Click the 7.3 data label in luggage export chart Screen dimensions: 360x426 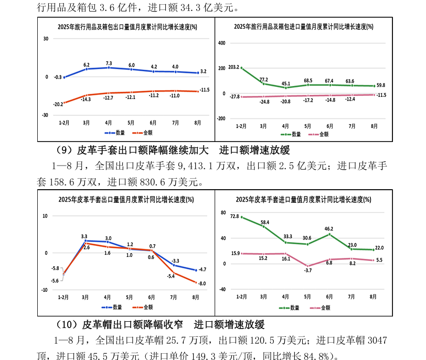tap(109, 63)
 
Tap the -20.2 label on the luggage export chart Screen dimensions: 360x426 tap(58, 104)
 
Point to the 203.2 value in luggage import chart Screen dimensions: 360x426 tap(234, 68)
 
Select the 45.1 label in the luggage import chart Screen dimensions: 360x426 tap(285, 83)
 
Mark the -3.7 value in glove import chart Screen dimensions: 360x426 tap(307, 270)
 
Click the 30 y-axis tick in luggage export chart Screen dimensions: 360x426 tap(46, 38)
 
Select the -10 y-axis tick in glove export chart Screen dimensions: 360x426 tap(45, 289)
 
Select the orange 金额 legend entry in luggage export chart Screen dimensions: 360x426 tap(141, 133)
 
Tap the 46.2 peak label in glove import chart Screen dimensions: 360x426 tap(329, 228)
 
